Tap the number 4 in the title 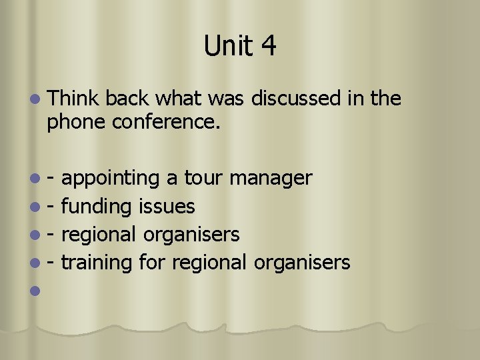coord(268,46)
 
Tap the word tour coord(206,178)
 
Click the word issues coord(167,207)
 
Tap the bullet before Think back coord(34,99)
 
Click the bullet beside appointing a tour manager coord(34,179)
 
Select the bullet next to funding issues coord(34,207)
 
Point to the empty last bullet coord(34,291)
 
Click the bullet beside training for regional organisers coord(34,263)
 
